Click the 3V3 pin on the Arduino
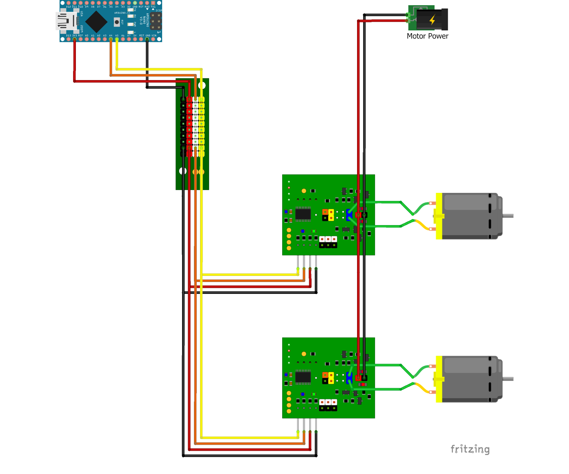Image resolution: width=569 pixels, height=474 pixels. (x=75, y=39)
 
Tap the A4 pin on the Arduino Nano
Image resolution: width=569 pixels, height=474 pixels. (x=110, y=39)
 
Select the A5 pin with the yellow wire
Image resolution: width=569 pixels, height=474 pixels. (x=117, y=39)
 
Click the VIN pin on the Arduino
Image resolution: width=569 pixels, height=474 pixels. (x=153, y=39)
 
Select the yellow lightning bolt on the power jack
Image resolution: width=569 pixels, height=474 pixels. (x=432, y=20)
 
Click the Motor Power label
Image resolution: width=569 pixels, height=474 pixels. (x=427, y=36)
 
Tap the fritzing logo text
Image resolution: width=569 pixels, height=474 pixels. (x=469, y=449)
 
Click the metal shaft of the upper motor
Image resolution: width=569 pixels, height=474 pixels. (x=508, y=216)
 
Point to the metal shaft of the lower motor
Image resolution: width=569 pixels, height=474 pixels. (x=508, y=379)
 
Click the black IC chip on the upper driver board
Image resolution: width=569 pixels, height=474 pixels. (x=303, y=214)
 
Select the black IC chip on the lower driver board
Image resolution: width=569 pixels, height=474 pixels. (x=303, y=377)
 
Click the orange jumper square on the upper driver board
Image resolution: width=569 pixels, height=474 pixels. (x=325, y=212)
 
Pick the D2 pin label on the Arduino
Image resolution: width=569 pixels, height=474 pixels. (x=129, y=7)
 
